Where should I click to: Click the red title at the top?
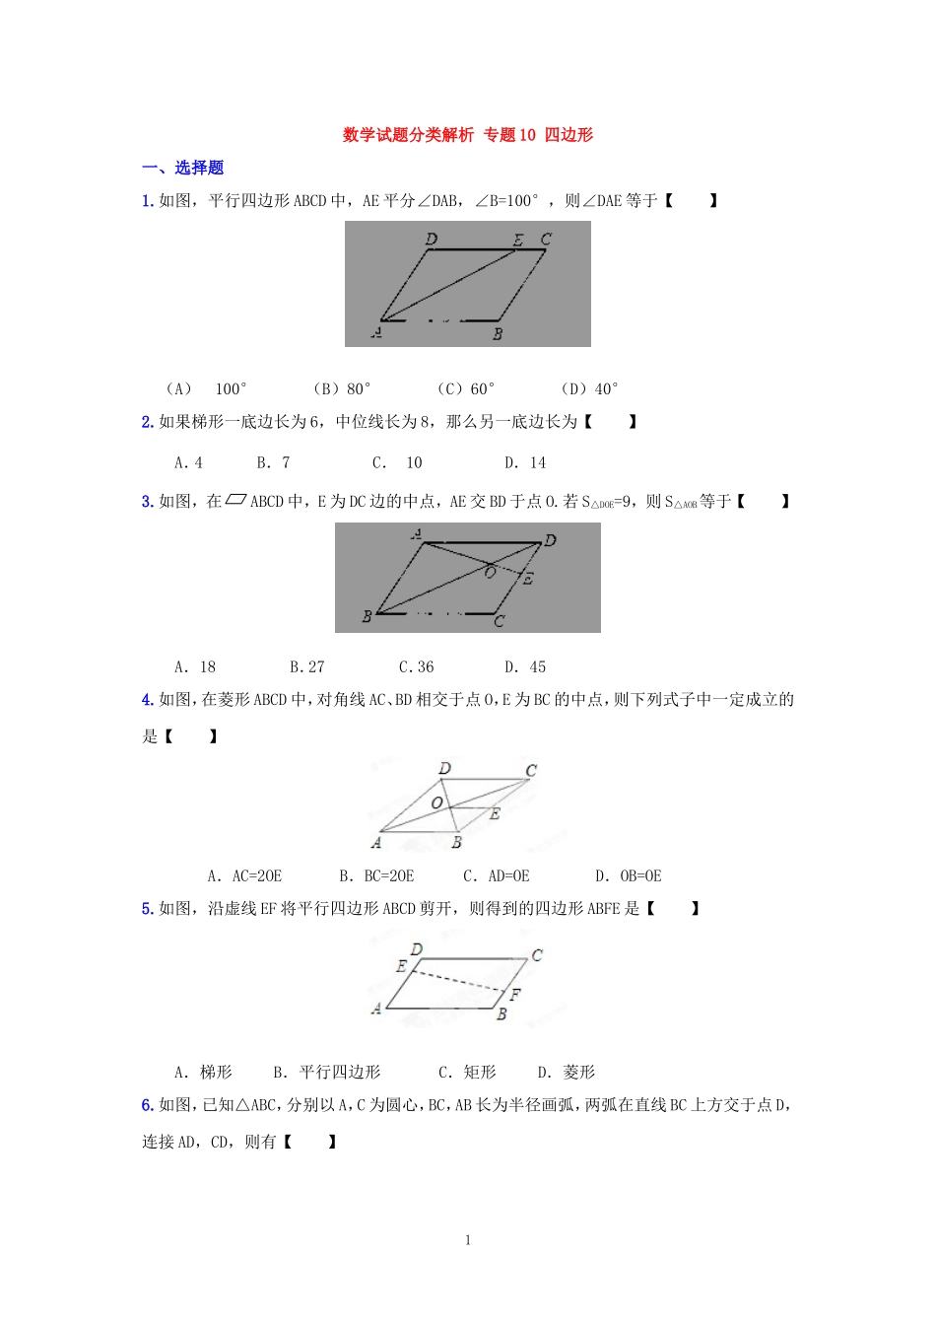[467, 135]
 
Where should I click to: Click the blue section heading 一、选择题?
[183, 168]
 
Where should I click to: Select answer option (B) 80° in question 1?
[342, 388]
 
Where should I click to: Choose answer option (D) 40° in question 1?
[589, 388]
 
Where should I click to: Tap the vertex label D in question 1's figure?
[432, 239]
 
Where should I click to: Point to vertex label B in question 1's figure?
[498, 334]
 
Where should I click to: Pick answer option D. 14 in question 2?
[525, 462]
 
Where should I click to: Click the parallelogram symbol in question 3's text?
[235, 500]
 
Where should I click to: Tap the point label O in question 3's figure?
[490, 572]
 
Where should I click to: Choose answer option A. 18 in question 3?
[195, 666]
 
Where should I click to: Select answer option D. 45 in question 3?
[525, 666]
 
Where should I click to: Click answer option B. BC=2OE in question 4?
[376, 875]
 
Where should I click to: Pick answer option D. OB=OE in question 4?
[629, 875]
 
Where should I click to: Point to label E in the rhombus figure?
[495, 814]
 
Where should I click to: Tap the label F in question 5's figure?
[514, 994]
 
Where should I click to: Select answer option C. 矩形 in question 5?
[468, 1072]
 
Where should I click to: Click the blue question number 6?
[147, 1105]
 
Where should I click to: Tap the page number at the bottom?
[468, 1240]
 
